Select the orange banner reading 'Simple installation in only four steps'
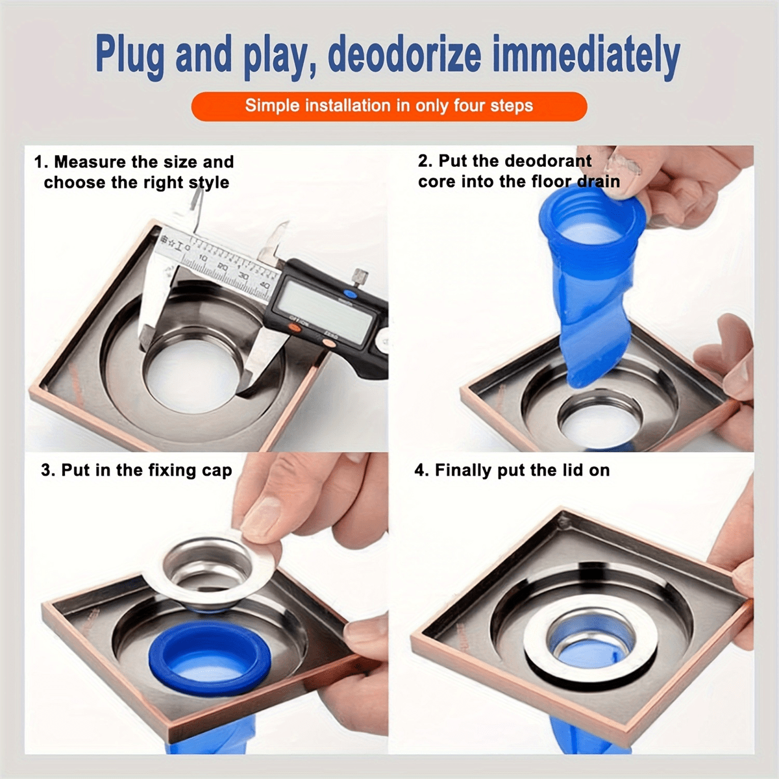[x=389, y=106]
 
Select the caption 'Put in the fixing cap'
[x=136, y=470]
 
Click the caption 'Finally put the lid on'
[x=512, y=470]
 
